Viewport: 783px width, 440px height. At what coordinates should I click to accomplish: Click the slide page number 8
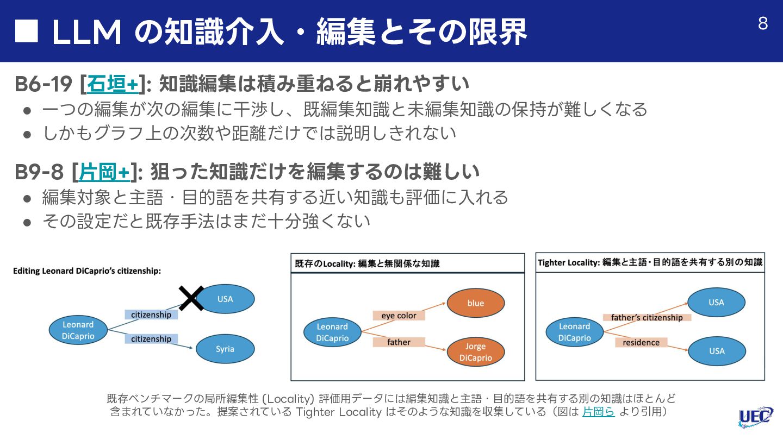[763, 24]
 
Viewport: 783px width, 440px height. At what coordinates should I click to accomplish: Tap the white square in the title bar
[27, 31]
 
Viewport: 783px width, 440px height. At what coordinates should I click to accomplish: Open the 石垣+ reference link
[113, 84]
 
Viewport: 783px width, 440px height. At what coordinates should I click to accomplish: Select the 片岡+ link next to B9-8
[104, 172]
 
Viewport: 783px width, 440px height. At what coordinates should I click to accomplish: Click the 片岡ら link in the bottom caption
[598, 411]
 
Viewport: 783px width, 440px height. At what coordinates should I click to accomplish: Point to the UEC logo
[756, 417]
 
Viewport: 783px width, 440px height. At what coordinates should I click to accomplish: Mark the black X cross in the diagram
[191, 298]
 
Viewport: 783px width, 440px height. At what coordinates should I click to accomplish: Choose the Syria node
[225, 349]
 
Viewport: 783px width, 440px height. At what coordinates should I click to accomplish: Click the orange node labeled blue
[475, 303]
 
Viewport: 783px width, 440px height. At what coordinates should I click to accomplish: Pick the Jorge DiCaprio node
[475, 352]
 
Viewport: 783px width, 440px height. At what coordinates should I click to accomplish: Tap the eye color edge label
[399, 316]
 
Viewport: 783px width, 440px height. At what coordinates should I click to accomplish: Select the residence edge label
[641, 342]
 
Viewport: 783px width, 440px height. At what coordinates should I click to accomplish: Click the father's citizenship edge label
[647, 317]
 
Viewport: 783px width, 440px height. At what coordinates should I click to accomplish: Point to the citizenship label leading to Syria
[151, 339]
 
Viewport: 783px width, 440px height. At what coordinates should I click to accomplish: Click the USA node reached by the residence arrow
[716, 351]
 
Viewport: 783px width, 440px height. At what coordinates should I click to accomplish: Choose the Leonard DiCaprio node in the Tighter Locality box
[574, 332]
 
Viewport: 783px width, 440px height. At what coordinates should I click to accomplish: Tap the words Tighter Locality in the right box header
[568, 262]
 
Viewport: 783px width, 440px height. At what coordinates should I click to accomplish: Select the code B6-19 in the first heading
[43, 84]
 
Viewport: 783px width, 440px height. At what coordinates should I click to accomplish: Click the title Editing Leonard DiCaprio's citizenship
[87, 271]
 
